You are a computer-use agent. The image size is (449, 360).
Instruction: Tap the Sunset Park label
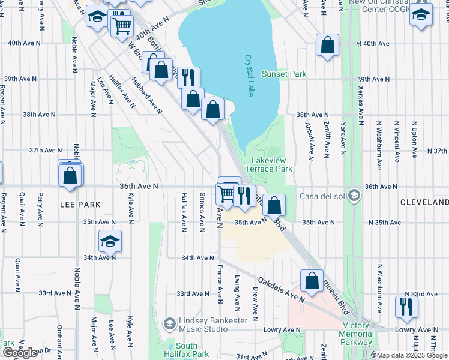284,74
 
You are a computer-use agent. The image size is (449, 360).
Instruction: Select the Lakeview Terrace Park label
272,165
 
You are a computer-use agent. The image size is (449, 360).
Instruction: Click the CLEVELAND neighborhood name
424,203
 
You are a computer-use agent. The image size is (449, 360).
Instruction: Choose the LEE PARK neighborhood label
80,205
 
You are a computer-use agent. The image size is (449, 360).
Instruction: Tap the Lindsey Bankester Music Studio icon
169,324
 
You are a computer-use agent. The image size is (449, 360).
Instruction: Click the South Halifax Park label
187,350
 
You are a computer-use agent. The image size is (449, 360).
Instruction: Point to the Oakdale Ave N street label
280,289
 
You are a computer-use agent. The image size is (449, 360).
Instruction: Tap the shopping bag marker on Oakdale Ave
312,280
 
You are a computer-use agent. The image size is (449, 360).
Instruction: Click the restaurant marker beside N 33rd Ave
407,307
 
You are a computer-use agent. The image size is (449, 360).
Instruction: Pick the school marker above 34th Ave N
110,241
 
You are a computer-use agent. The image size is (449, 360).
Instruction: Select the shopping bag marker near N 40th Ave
327,45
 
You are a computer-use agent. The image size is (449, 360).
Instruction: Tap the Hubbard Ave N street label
146,96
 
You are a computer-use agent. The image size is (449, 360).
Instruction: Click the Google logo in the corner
20,353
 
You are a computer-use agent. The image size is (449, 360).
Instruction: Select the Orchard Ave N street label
59,340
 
